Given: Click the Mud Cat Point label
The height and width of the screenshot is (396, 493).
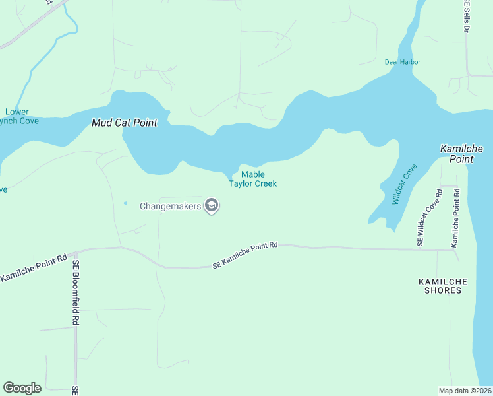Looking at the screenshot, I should tap(124, 123).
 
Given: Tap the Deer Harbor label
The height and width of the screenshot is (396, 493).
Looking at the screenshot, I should tap(402, 62).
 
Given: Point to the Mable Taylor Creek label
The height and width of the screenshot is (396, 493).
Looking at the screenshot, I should tap(252, 179).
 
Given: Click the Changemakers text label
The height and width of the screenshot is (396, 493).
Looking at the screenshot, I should tap(171, 206).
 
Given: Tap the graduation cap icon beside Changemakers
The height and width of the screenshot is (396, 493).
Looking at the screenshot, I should tap(212, 206).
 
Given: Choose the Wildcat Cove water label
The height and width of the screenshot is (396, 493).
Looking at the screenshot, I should tap(405, 185).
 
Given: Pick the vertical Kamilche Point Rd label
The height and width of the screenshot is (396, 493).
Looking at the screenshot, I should tap(454, 218).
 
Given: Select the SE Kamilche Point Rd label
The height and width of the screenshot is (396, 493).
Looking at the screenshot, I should tap(245, 255).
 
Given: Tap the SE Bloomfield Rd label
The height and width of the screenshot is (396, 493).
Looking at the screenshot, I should tap(76, 292).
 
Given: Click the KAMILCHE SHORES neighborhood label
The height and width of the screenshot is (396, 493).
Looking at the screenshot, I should tap(443, 286).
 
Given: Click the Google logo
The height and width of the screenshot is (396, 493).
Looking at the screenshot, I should tap(22, 388).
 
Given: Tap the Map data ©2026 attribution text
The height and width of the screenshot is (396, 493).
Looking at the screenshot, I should tap(465, 390).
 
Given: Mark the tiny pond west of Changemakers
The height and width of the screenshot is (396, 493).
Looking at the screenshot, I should tap(125, 203).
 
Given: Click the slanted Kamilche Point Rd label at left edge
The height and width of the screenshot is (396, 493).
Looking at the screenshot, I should tap(33, 267).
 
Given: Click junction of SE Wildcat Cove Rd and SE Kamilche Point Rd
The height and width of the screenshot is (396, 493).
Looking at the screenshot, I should tap(420, 249).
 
